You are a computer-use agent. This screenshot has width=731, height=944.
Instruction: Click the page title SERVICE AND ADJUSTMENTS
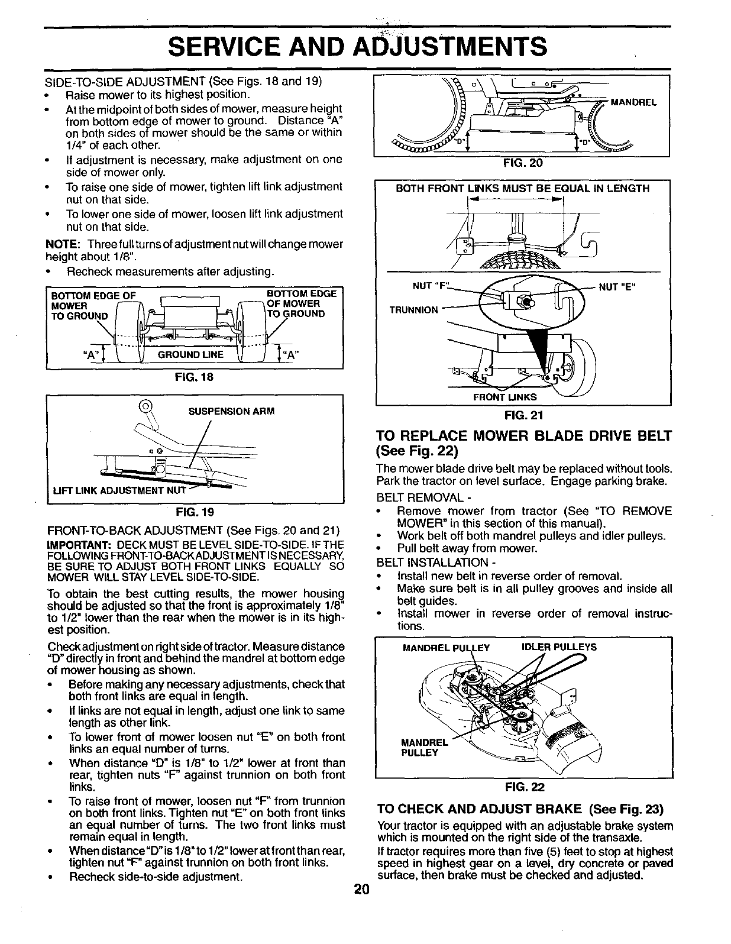point(357,46)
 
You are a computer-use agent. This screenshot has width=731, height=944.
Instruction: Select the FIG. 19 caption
point(195,510)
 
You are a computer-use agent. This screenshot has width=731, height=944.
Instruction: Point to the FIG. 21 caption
point(523,415)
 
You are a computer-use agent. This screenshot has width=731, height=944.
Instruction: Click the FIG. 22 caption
point(523,787)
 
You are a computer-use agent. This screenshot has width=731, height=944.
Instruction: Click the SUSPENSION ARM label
point(231,410)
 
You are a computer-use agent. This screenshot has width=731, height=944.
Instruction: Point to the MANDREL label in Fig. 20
point(634,102)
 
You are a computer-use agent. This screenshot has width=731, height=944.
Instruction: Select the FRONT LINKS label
point(504,397)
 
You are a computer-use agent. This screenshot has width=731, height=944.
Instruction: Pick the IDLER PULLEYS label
point(558,647)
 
